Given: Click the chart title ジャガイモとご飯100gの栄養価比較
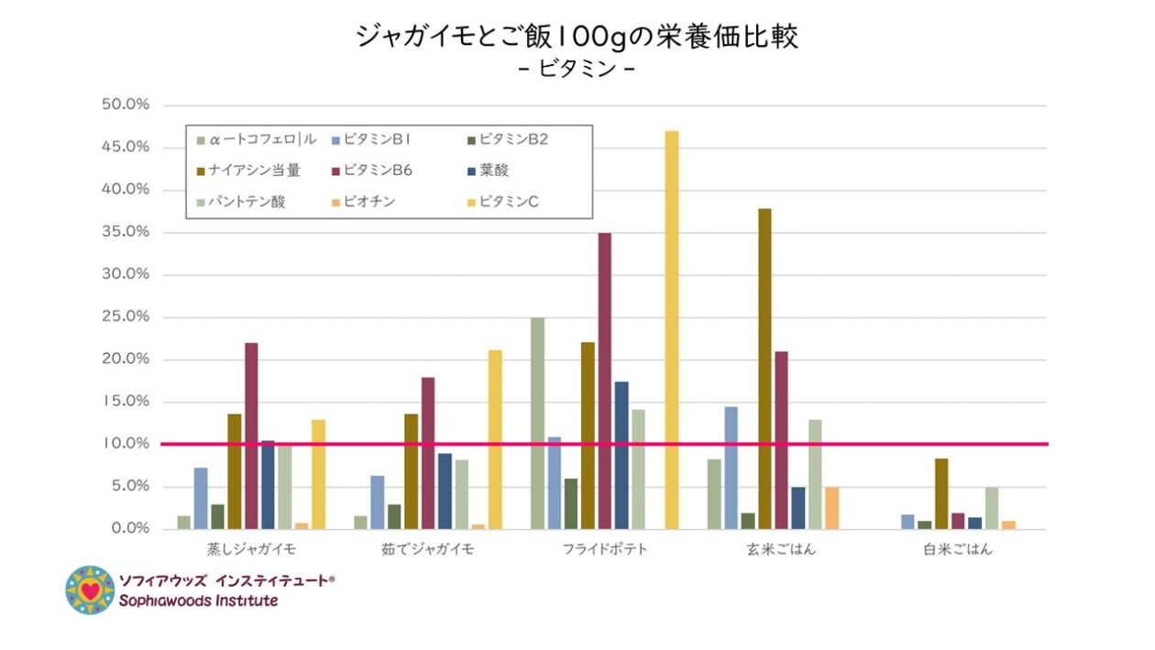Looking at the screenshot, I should (x=577, y=37).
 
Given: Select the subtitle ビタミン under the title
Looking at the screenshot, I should (x=577, y=70).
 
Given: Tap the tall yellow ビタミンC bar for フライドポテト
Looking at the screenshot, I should (x=672, y=330).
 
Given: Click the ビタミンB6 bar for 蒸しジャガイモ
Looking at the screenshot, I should (x=251, y=435).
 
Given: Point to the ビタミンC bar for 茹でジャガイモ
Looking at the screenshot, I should (x=495, y=439).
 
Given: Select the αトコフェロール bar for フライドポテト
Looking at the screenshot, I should (x=537, y=423).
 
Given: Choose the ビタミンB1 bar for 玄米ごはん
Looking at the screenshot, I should (x=731, y=468).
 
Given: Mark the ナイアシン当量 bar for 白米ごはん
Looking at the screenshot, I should (x=941, y=493).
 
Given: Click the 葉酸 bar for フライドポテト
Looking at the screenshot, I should (x=621, y=455).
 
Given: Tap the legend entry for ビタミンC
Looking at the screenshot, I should (x=504, y=201).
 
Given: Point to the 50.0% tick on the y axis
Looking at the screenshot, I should (x=126, y=105).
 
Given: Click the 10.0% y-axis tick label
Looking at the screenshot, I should (x=126, y=444).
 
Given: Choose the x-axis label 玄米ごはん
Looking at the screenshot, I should (x=781, y=550).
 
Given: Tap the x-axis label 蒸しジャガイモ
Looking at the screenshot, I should (x=251, y=550).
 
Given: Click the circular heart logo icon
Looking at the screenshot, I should (x=90, y=590).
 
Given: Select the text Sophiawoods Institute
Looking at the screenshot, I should (x=198, y=601).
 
